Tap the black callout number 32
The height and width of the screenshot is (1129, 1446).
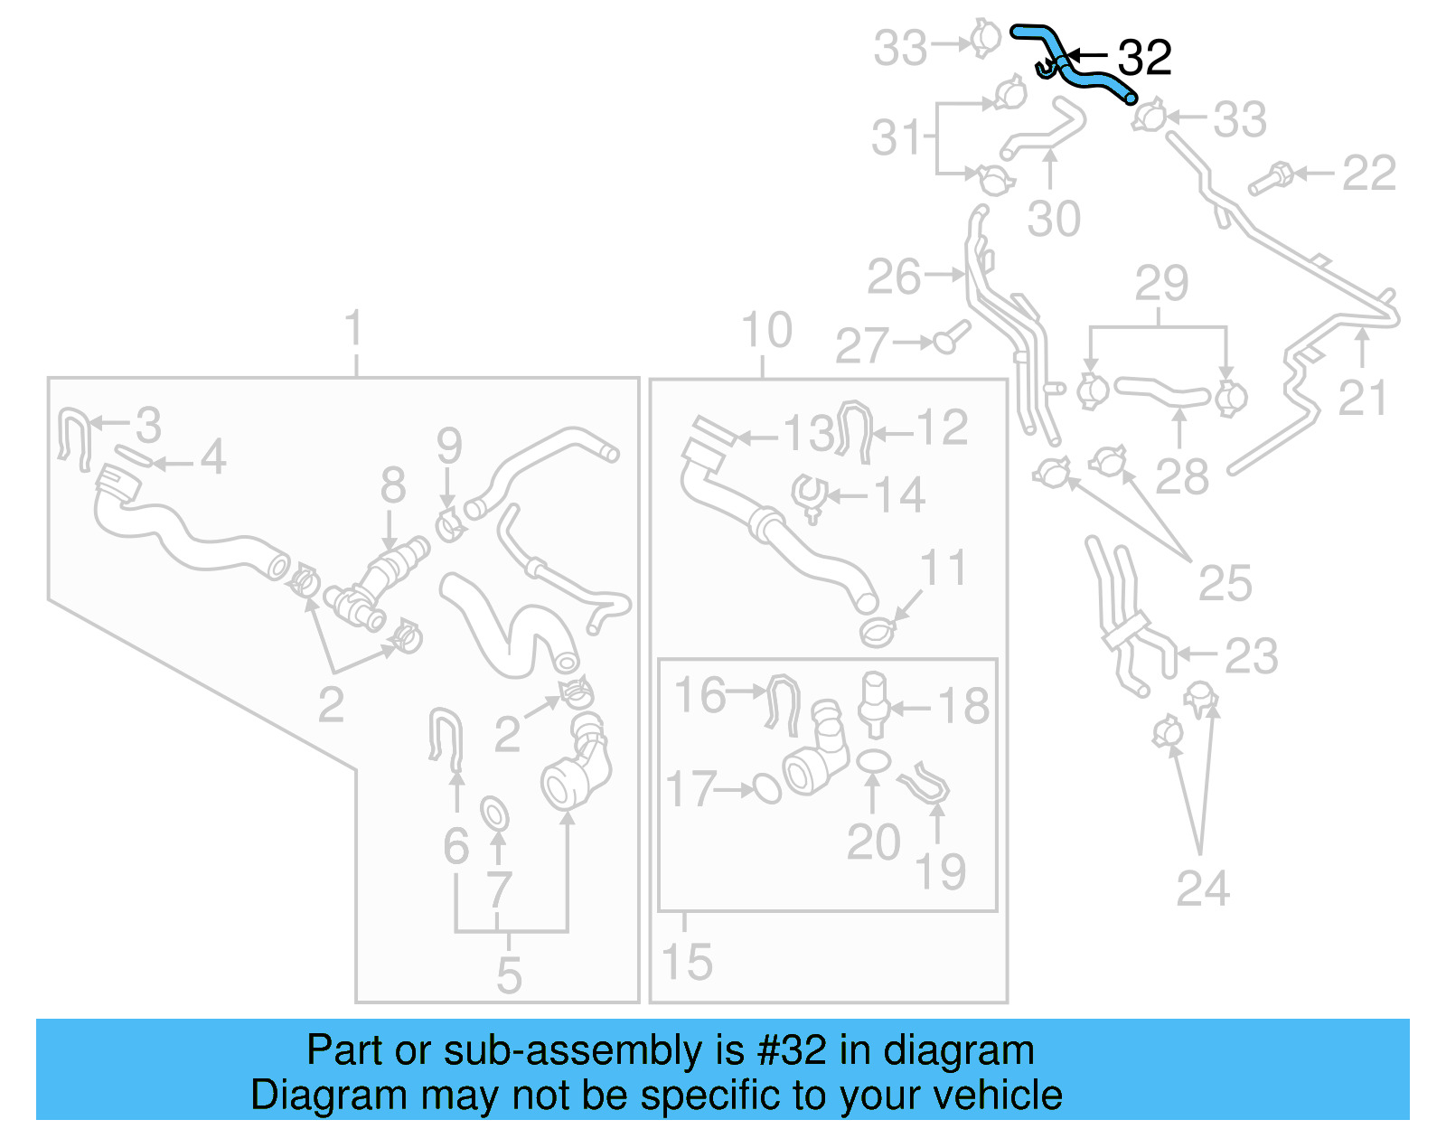1144,58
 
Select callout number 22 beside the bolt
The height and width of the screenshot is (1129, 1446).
1368,173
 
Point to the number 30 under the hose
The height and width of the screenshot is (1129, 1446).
1054,220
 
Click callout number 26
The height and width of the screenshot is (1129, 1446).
893,277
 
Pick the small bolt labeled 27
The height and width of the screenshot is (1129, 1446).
951,339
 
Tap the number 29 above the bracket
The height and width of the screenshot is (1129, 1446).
1161,284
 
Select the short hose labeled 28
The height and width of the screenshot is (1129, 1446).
1161,391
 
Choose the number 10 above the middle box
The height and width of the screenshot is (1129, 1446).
766,330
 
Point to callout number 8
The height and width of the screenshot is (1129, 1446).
392,486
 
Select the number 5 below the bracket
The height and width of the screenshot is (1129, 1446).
509,975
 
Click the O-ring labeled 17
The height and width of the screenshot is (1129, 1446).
767,789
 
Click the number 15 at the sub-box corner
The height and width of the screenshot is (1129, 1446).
687,963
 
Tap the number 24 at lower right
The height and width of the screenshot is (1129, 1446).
1202,889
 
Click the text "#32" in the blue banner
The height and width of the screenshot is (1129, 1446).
792,1050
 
